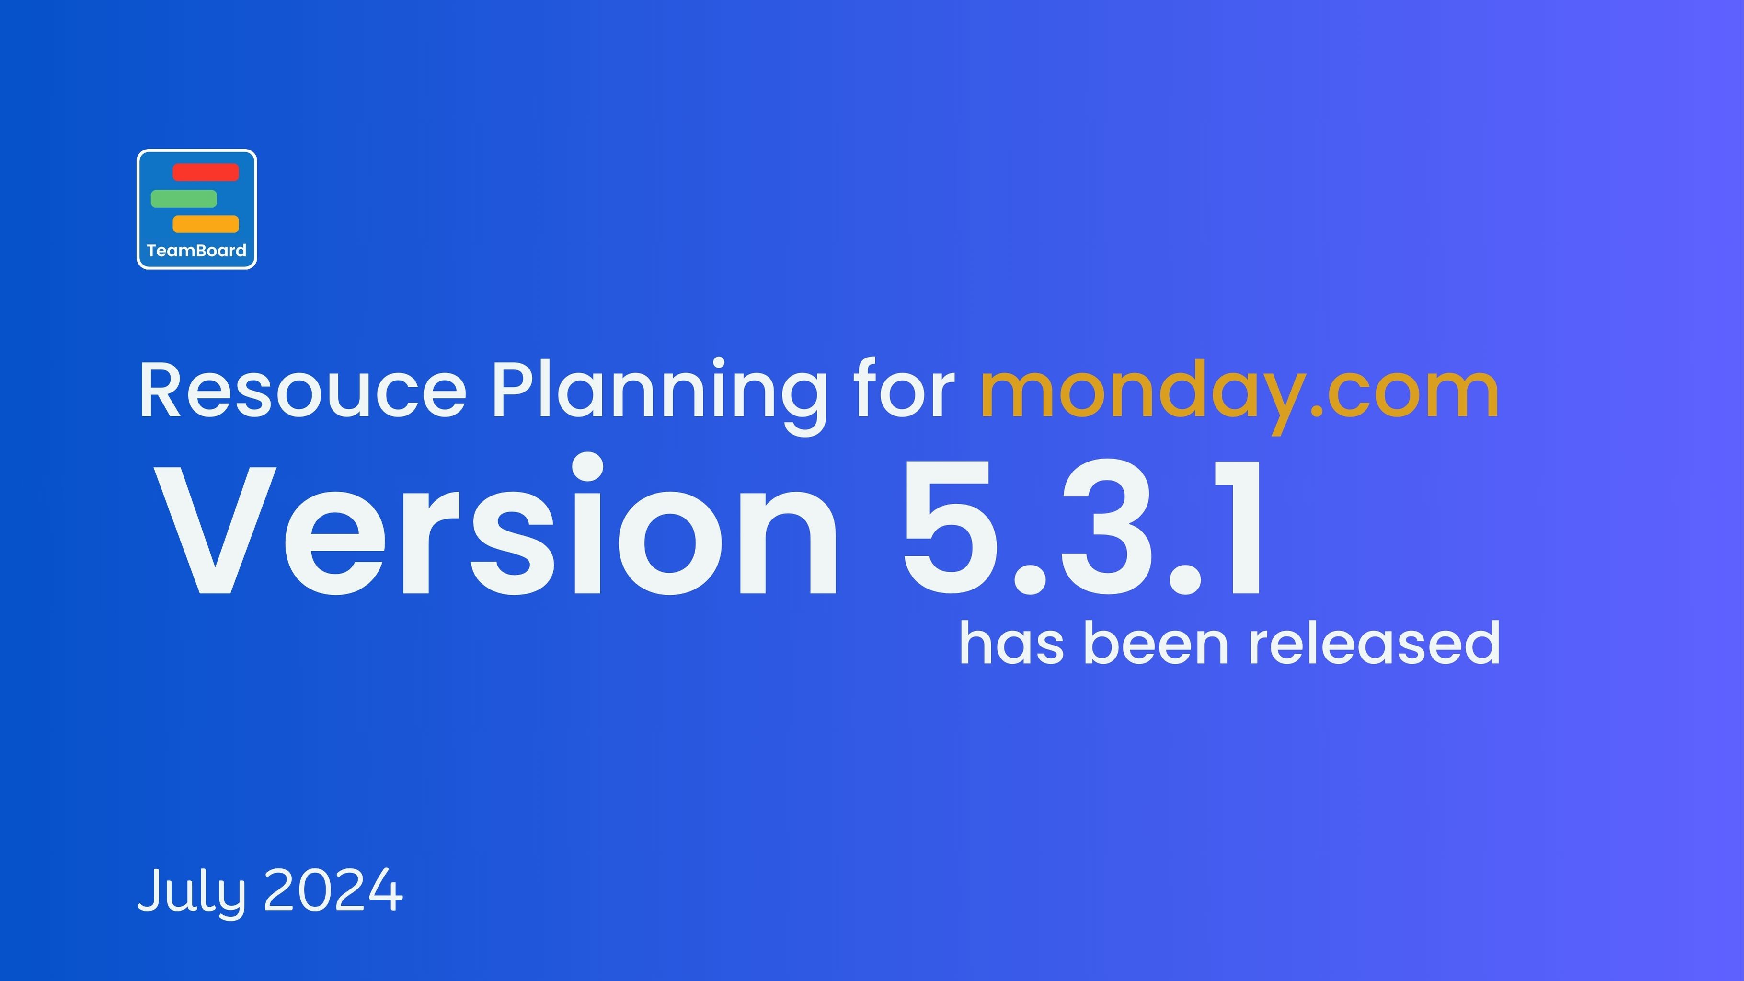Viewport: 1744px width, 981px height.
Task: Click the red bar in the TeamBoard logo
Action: coord(206,173)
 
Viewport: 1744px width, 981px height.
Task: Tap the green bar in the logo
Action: coord(184,198)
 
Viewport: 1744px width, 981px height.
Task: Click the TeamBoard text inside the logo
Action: coord(196,251)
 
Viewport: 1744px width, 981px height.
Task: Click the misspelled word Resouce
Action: coord(303,392)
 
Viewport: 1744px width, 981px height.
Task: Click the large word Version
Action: coord(498,528)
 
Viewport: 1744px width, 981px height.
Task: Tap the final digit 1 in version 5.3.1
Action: coord(1236,528)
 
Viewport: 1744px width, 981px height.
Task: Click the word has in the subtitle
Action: coord(1011,643)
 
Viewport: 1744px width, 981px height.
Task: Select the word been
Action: coord(1156,643)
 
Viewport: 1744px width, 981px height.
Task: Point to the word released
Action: coord(1374,643)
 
